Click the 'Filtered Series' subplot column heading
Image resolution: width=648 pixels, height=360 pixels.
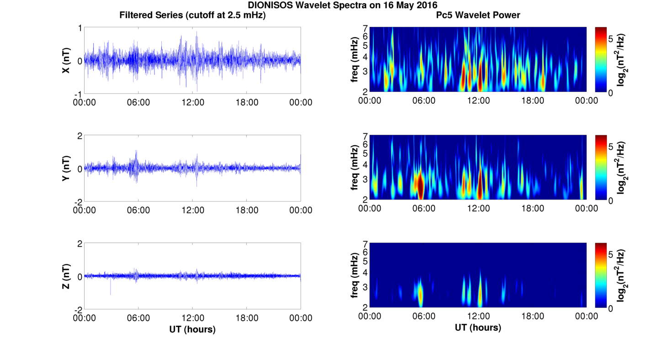[x=192, y=15]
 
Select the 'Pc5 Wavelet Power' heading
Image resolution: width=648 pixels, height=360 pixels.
[x=478, y=15]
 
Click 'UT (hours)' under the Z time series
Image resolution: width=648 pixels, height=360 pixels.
[x=192, y=329]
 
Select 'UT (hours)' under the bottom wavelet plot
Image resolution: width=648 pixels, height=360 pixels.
[x=478, y=328]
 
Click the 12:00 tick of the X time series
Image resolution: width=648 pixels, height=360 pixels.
[x=192, y=102]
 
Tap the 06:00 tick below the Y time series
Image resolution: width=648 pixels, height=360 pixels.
[x=138, y=210]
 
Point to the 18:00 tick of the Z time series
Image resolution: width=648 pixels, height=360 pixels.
[x=247, y=318]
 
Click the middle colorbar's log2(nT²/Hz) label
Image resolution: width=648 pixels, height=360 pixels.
[x=633, y=169]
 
